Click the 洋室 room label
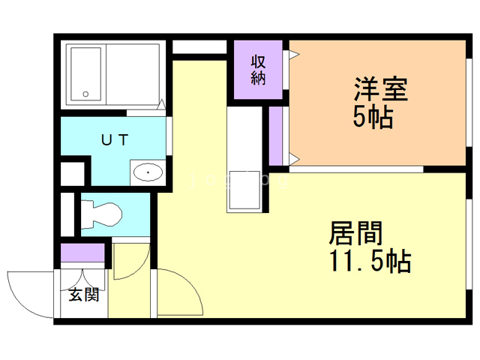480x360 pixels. (x=380, y=90)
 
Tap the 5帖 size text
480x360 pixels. (x=373, y=118)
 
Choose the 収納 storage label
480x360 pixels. (x=258, y=70)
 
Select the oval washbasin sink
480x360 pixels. (x=148, y=173)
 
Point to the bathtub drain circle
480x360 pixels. (x=85, y=94)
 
